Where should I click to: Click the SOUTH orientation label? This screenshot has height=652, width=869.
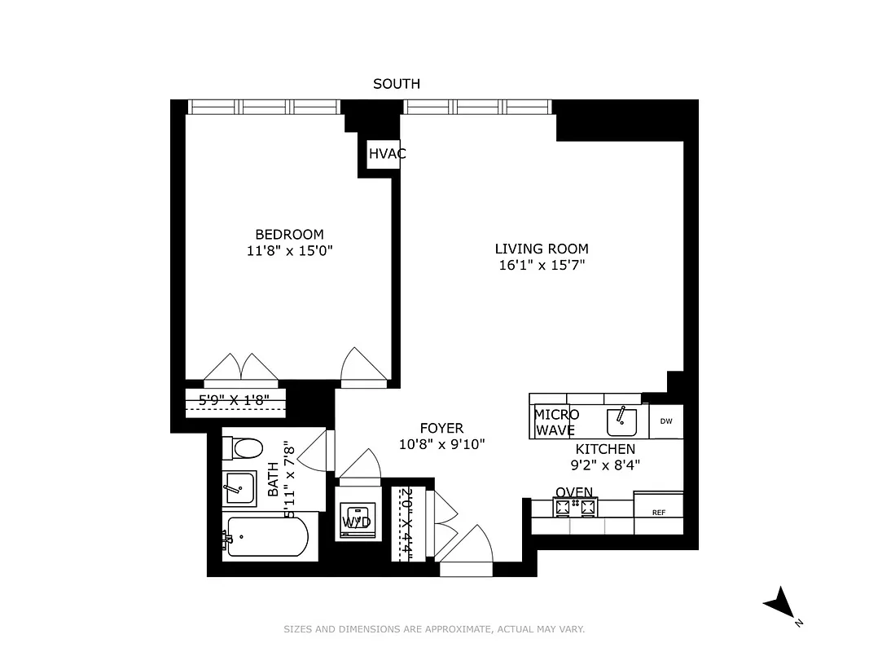397,83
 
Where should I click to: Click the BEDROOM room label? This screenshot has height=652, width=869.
289,234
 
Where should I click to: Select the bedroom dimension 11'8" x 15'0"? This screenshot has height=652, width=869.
289,251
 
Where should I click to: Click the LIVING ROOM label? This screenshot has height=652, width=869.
542,249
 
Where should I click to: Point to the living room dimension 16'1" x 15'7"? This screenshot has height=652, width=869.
542,266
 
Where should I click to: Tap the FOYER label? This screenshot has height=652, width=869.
441,428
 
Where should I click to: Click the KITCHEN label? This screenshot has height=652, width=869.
605,449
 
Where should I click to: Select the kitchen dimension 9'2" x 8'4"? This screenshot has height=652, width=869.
605,465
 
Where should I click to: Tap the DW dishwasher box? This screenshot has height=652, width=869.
666,421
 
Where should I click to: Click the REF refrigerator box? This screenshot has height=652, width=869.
659,512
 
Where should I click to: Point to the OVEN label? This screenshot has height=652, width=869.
574,492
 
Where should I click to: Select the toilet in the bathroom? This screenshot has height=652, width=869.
246,447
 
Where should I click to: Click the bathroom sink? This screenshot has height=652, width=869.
239,488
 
